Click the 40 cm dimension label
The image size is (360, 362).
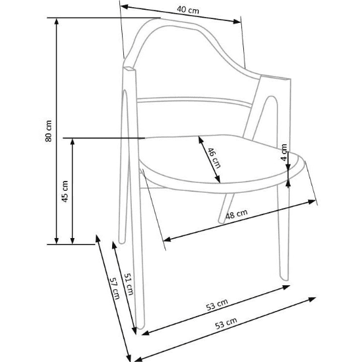point(188,10)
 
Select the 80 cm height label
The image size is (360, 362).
point(49,131)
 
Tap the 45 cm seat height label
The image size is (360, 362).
point(65,191)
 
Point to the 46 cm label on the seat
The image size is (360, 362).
point(214,158)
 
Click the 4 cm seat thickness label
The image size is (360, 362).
point(284,152)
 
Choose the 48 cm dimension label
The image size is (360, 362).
point(236,214)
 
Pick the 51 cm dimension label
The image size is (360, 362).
point(129,284)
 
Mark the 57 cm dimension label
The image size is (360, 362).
point(115,289)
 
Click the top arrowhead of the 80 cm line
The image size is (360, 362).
point(56,21)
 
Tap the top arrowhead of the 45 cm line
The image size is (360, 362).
point(73,142)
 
